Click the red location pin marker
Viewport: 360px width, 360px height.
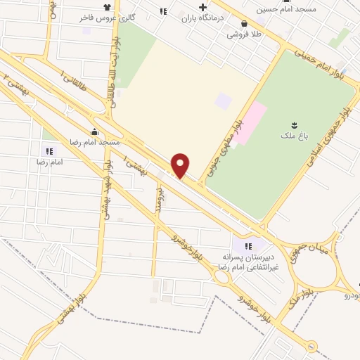(x=181, y=165)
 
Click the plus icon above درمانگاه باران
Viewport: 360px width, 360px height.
(x=202, y=8)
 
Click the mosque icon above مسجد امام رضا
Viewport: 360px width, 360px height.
(x=94, y=131)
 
